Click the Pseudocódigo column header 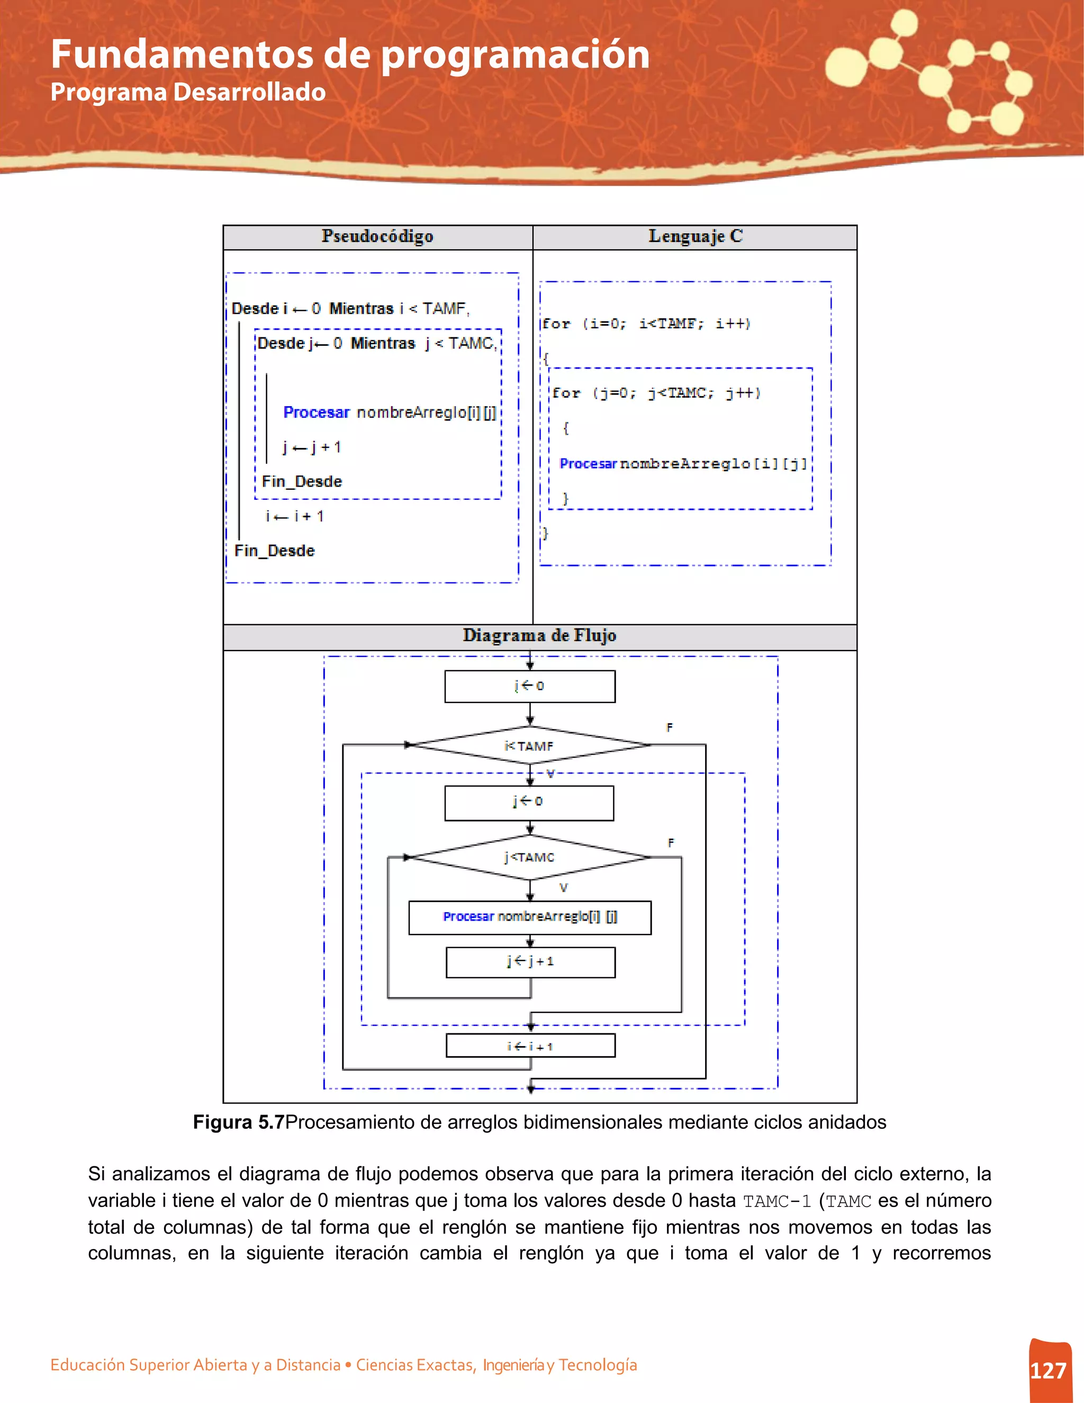pos(377,237)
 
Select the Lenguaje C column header pos(695,237)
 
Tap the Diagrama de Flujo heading pos(539,635)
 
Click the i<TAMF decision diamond pos(529,745)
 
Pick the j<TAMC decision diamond pos(529,857)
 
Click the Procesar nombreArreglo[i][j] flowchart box pos(530,916)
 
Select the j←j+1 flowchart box pos(530,961)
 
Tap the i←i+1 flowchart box pos(530,1046)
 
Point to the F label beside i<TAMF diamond pos(669,727)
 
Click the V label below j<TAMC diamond pos(563,888)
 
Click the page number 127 pos(1048,1370)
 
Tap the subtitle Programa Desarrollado pos(187,92)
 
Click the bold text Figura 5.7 pos(238,1122)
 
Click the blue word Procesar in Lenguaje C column pos(588,463)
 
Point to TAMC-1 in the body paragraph pos(776,1201)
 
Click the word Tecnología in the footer pos(597,1364)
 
